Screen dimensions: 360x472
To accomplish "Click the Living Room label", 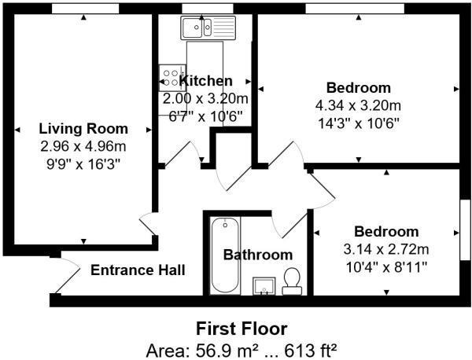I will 83,129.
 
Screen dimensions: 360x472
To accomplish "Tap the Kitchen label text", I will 206,81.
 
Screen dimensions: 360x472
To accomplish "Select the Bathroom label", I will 257,255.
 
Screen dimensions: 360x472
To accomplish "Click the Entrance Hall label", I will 138,270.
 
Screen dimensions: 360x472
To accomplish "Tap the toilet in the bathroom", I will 292,281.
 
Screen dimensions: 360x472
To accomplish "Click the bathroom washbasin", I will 264,286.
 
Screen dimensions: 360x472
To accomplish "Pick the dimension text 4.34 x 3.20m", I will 358,105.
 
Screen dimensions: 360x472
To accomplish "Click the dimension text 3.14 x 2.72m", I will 385,250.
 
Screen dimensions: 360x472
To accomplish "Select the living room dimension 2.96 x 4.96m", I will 83,146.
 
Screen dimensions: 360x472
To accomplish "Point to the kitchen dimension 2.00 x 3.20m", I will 205,99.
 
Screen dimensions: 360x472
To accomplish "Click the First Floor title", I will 241,329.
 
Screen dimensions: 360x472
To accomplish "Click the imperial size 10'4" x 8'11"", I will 385,267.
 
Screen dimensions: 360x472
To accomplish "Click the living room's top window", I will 86,8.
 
